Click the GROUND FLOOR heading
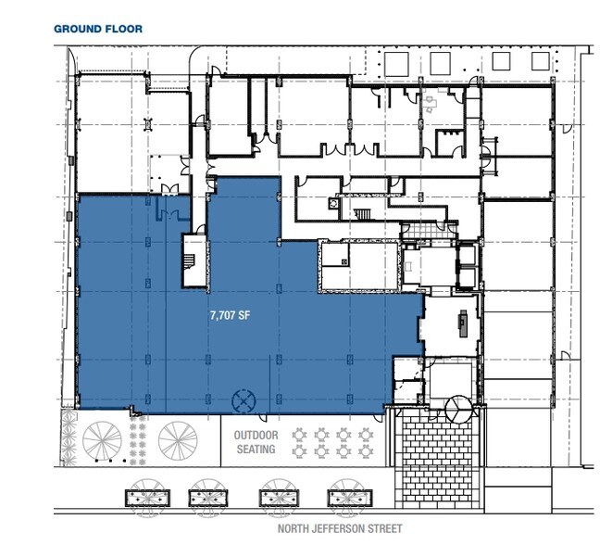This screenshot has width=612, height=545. click(97, 29)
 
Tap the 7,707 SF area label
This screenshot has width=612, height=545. click(231, 315)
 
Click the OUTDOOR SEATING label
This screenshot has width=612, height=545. click(255, 442)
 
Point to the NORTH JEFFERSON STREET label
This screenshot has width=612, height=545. click(340, 528)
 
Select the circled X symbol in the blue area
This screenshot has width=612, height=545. click(243, 400)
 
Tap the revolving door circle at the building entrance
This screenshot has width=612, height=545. click(456, 407)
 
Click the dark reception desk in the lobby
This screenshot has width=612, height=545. click(463, 324)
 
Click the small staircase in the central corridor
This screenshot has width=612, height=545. click(364, 216)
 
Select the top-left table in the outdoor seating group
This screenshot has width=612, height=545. click(302, 433)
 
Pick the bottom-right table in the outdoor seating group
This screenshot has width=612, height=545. click(365, 451)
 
